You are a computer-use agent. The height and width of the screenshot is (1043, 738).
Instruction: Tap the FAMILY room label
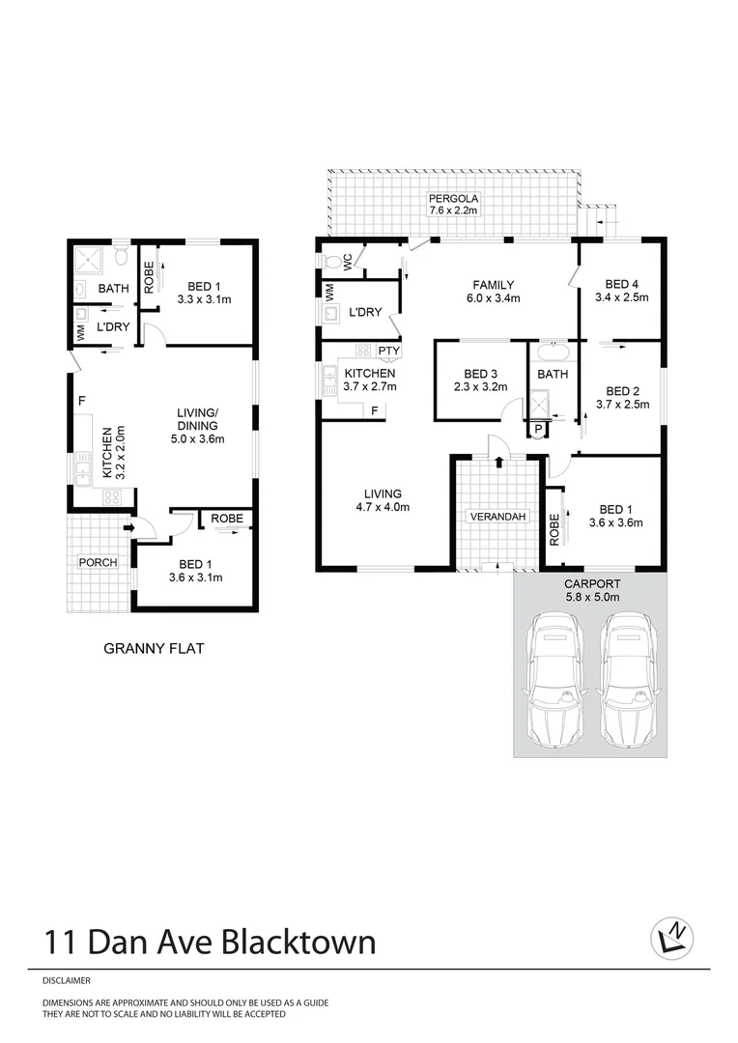pos(493,285)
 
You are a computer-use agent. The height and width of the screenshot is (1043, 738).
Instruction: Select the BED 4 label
pos(622,284)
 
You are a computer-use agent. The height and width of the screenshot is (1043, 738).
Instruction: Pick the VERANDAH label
pos(498,518)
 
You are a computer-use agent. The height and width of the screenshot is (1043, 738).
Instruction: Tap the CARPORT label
pos(592,584)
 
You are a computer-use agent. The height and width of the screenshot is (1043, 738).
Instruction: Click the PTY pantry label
pos(389,351)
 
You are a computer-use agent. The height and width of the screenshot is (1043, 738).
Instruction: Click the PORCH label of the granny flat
pos(98,563)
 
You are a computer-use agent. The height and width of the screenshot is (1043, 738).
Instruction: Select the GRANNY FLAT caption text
pos(153,650)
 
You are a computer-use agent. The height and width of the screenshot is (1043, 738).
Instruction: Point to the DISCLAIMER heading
pos(66,980)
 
